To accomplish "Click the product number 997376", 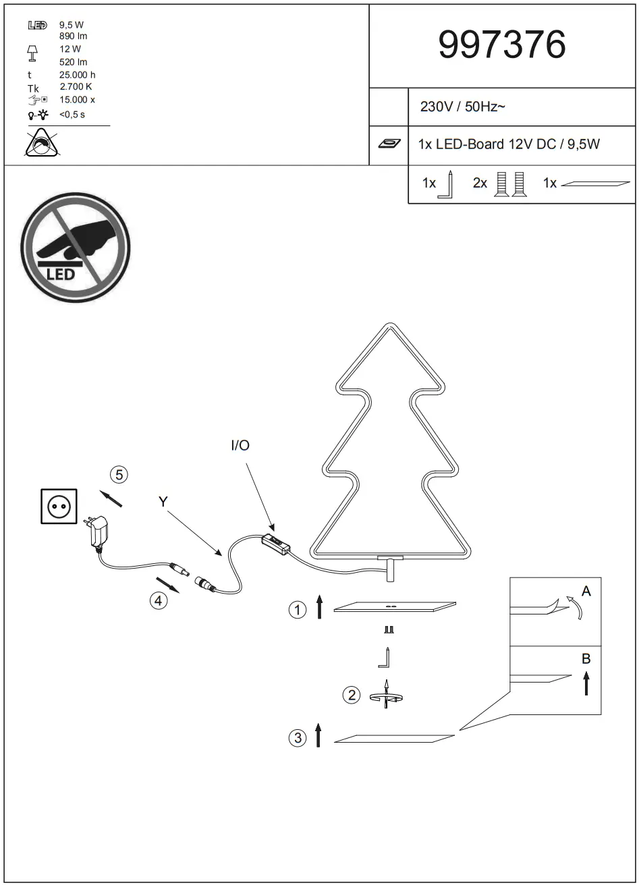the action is pos(502,46).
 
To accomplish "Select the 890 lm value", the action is pos(73,36).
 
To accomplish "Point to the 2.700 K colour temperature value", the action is pos(76,87).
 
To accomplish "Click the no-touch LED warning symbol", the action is pos(75,247).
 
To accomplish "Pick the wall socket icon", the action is pos(59,506).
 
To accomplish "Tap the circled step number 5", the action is pos(119,475).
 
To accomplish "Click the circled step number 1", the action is pos(297,610).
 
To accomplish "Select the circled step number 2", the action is pos(352,694).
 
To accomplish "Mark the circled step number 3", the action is pos(298,738).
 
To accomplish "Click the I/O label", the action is pos(240,446).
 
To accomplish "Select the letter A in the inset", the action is pos(586,592).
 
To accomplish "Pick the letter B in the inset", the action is pos(586,659).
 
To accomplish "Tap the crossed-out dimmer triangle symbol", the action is pos(42,143).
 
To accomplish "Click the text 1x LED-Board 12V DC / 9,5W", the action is pos(509,144).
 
